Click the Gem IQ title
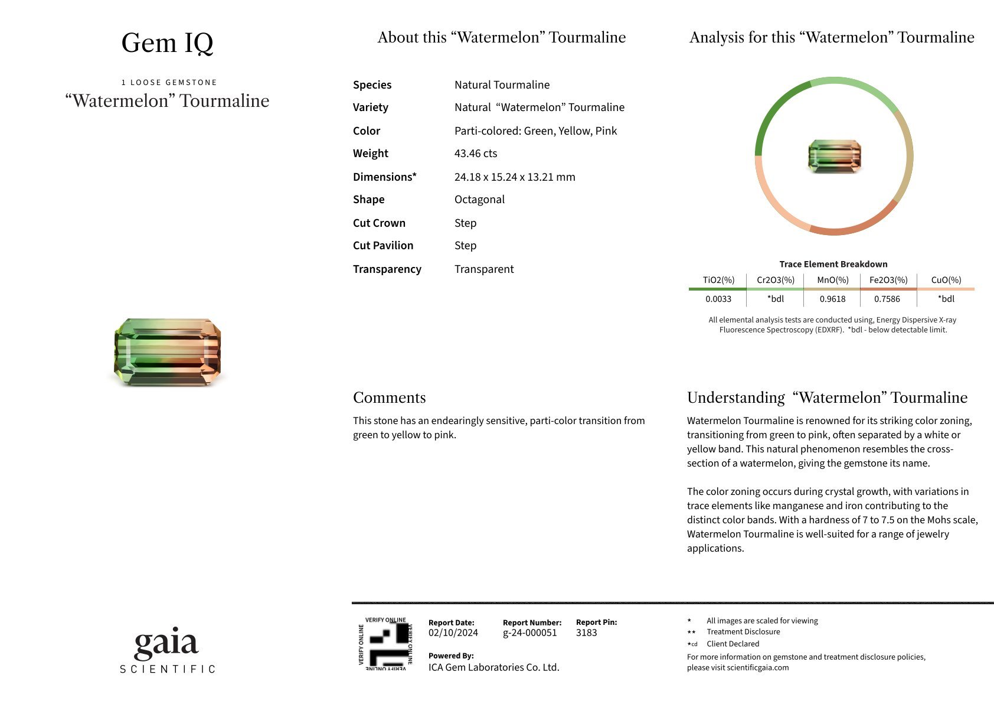[167, 43]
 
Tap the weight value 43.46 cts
[476, 154]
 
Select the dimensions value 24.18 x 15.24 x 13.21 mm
[515, 177]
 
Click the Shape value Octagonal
[479, 200]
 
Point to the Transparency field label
[387, 269]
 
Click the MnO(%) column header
[833, 280]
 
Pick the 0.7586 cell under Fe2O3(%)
[887, 299]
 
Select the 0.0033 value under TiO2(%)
[718, 299]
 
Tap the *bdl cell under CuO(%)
[946, 299]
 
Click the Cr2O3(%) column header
[776, 280]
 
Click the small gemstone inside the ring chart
[834, 157]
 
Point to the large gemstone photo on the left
[168, 352]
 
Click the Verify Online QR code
[385, 644]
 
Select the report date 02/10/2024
[453, 633]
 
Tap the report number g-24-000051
[529, 633]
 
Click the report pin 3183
[587, 633]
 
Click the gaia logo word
[166, 644]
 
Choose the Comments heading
[390, 397]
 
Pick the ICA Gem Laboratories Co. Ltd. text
[494, 667]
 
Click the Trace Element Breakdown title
[833, 264]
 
